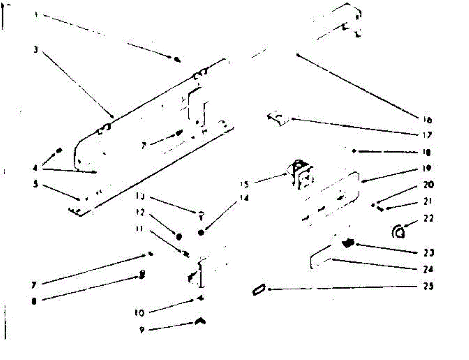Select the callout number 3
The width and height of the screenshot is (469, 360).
coord(35,50)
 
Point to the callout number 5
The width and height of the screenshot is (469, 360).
coord(36,184)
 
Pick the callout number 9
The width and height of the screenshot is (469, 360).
coord(141,330)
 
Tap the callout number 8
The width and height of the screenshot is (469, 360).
coord(34,301)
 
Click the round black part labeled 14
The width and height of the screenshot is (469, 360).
coord(202,233)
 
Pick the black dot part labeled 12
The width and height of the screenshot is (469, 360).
coord(179,236)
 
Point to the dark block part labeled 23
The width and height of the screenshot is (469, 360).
coord(347,244)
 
